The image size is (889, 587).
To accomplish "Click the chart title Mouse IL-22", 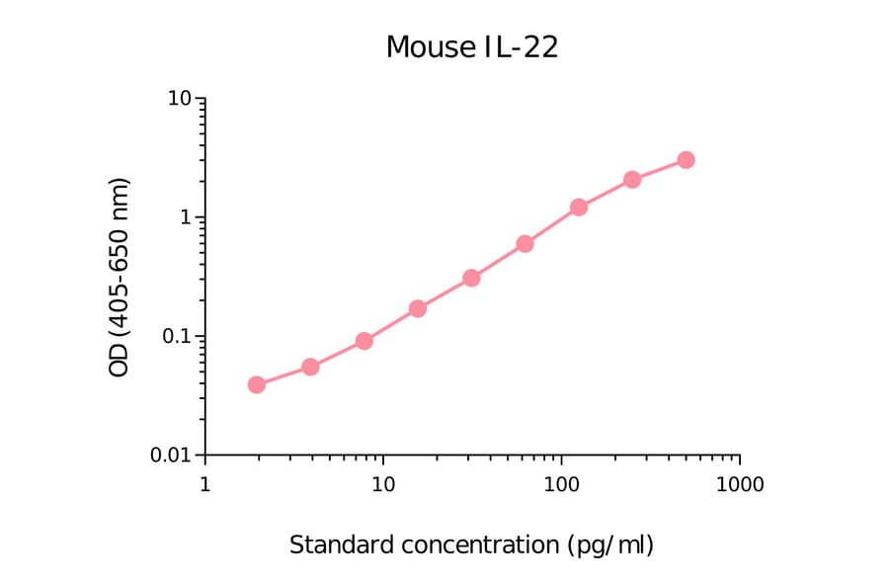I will click(x=471, y=46).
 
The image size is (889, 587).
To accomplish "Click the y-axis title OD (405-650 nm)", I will click(x=120, y=278).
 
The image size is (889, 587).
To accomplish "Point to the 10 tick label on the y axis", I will click(x=180, y=99).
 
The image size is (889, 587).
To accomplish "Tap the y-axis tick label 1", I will click(x=186, y=217).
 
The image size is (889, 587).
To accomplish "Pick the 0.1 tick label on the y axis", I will click(x=175, y=336).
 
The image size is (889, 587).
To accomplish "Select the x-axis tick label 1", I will click(x=204, y=485).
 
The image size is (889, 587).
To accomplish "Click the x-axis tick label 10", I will click(x=383, y=485).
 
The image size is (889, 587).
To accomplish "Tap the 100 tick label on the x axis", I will click(x=561, y=485).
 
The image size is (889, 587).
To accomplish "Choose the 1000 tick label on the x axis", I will click(x=740, y=485).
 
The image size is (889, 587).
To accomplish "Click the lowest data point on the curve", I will click(x=257, y=384).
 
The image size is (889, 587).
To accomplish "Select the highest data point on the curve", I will click(x=686, y=160).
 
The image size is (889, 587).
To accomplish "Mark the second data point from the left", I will click(x=310, y=367).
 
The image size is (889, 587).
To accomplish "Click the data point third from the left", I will click(x=364, y=341).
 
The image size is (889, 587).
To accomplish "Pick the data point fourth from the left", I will click(x=418, y=308).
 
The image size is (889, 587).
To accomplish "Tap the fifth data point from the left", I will click(x=471, y=278).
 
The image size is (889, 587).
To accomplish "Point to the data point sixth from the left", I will click(x=525, y=243).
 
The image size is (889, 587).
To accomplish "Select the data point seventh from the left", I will click(x=579, y=208).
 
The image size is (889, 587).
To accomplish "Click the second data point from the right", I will click(x=632, y=180).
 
